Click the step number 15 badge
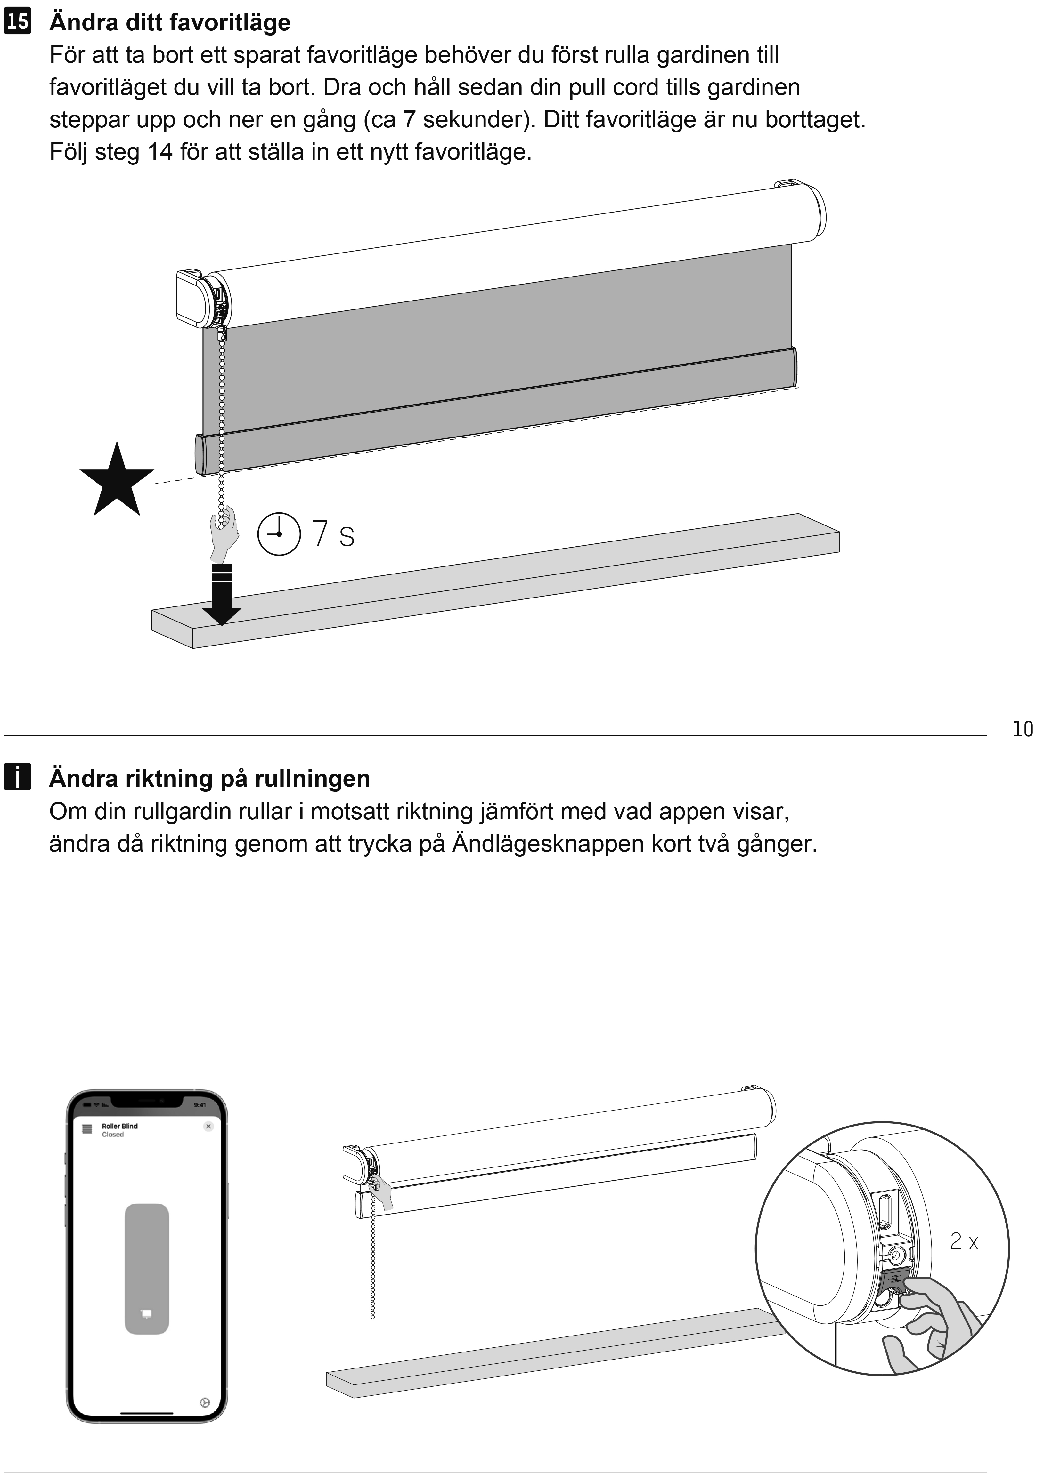(x=17, y=22)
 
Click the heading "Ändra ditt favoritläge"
(x=170, y=22)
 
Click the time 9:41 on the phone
(x=200, y=1105)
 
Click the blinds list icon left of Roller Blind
(x=87, y=1129)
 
